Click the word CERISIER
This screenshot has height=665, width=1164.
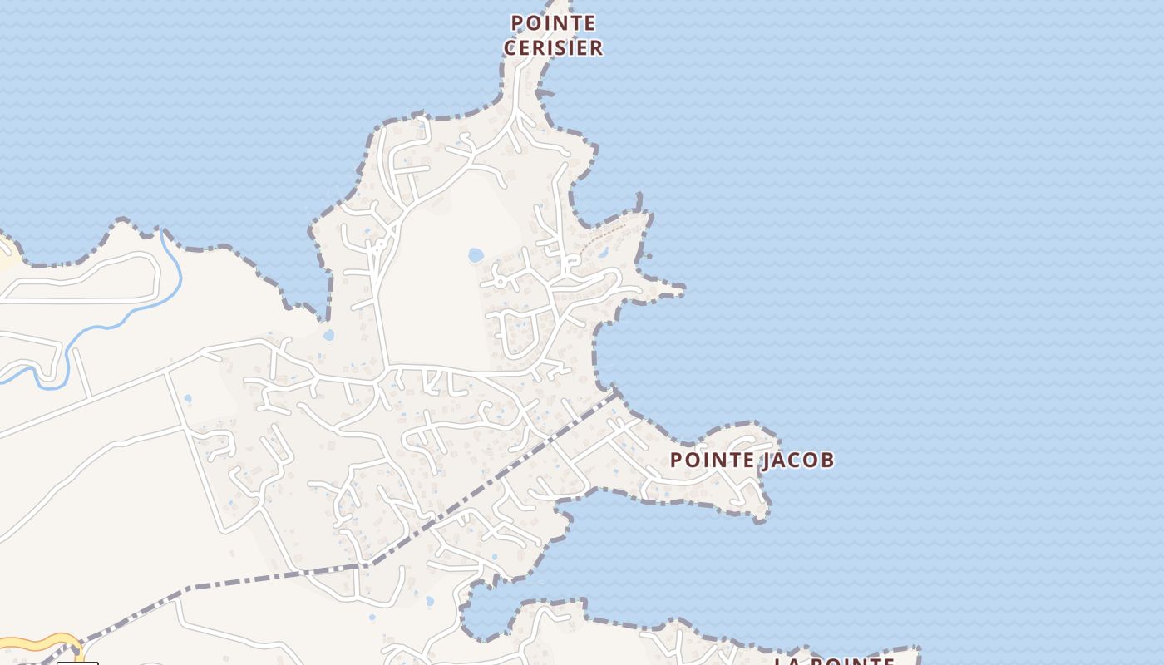click(x=553, y=47)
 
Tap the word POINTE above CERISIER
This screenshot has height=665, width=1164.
click(x=553, y=22)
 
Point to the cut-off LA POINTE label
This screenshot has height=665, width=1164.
click(x=834, y=661)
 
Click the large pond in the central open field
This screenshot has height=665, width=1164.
click(x=476, y=255)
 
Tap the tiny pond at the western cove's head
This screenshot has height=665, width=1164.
click(x=328, y=336)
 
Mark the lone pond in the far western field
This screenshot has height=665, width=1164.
click(x=187, y=399)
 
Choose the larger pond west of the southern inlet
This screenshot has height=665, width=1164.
click(x=429, y=600)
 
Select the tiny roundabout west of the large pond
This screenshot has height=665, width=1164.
click(x=378, y=247)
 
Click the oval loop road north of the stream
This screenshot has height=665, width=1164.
click(x=83, y=278)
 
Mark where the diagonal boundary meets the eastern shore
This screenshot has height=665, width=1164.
click(x=615, y=392)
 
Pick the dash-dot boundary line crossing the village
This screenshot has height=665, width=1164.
click(x=491, y=482)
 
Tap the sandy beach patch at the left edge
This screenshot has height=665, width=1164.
click(x=7, y=254)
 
